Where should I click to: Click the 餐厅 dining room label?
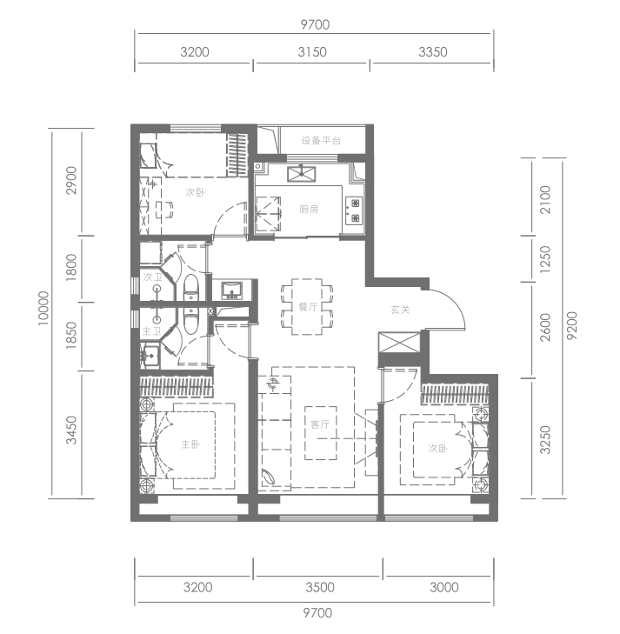click(x=308, y=307)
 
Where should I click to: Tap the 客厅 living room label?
click(x=320, y=424)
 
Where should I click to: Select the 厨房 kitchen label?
click(x=309, y=209)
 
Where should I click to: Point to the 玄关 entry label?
click(x=401, y=310)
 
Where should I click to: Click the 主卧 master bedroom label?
click(x=190, y=444)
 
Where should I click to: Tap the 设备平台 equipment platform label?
click(x=322, y=140)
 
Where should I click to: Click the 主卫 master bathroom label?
click(x=151, y=331)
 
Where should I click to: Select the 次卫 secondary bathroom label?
click(x=153, y=277)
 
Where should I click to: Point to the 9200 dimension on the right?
click(x=572, y=325)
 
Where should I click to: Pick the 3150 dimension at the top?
click(x=312, y=52)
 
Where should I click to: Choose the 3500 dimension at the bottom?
click(x=320, y=587)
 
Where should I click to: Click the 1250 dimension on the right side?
click(x=545, y=259)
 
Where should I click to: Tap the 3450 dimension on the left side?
click(x=71, y=430)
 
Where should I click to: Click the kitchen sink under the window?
click(x=302, y=174)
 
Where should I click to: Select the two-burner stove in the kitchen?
click(x=355, y=210)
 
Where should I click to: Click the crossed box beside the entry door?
click(x=399, y=343)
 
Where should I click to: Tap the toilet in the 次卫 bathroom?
click(x=190, y=288)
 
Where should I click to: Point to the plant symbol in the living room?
click(x=269, y=477)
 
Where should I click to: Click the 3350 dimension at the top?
click(x=433, y=52)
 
